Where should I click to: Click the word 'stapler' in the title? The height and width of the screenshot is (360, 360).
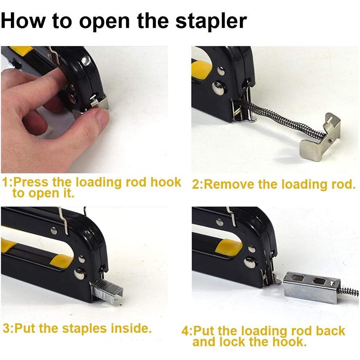pos(211,21)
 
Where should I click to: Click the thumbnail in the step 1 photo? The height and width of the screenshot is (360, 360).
pos(101,118)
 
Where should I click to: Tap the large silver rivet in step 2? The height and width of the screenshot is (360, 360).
pos(218,89)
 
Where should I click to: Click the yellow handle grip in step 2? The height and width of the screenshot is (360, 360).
pos(201,69)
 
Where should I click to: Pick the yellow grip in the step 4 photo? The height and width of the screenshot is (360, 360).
pos(229,247)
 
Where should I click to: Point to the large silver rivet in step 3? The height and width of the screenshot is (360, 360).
pos(80,274)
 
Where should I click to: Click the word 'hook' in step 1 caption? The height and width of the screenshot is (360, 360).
pos(165,182)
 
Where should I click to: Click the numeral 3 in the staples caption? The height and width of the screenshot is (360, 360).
pos(6,328)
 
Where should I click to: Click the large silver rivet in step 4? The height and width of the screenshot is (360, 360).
pos(250,262)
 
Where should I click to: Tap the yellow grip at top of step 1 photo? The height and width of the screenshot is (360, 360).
pos(21,49)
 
